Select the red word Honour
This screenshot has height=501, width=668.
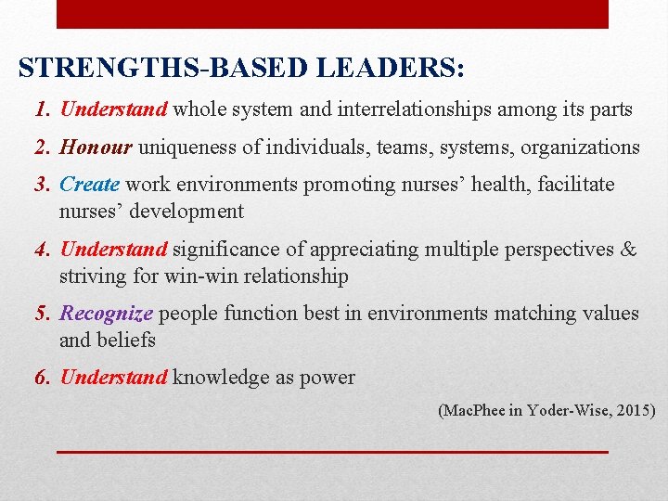[96, 147]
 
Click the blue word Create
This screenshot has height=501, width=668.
[89, 185]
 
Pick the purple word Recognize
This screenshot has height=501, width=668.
[106, 314]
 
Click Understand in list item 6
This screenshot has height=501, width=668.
[113, 377]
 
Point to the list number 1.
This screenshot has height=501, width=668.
[41, 109]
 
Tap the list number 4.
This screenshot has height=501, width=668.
[41, 249]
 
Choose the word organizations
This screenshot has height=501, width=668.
[580, 147]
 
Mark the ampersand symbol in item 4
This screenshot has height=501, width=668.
[628, 249]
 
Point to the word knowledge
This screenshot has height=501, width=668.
[215, 377]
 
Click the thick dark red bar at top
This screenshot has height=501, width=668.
[332, 14]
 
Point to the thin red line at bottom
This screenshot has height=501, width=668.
[332, 451]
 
